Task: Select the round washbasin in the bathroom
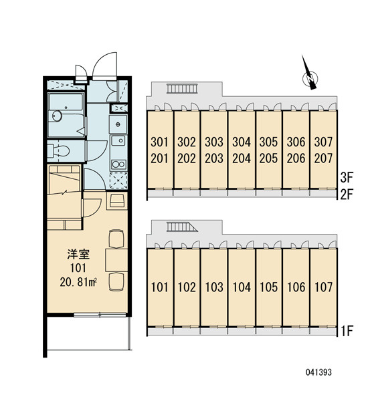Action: click(57, 116)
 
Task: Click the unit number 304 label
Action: click(242, 142)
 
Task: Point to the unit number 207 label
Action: click(323, 158)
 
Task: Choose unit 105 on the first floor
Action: click(268, 287)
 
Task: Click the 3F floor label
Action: click(347, 178)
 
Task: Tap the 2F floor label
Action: click(347, 195)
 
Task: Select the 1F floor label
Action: click(347, 331)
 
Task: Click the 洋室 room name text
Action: click(78, 255)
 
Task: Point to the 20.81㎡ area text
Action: click(78, 282)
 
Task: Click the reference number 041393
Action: click(318, 372)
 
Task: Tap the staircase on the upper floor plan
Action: click(182, 88)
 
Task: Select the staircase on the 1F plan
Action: click(182, 227)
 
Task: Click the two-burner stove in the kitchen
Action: click(118, 164)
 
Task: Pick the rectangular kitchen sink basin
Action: click(118, 140)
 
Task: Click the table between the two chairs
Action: click(116, 260)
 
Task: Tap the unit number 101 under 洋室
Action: click(78, 268)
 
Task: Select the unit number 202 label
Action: click(187, 158)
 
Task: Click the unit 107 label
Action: click(323, 287)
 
